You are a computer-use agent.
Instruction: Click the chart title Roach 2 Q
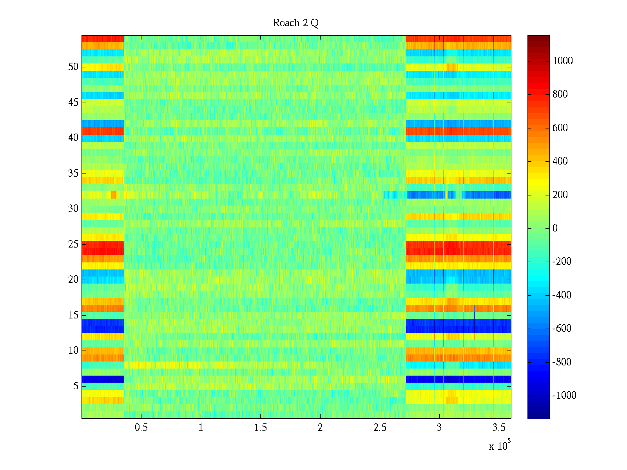point(295,23)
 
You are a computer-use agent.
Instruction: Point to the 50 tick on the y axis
point(73,67)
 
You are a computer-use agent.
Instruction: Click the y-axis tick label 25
point(73,244)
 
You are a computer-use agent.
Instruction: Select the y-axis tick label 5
point(76,386)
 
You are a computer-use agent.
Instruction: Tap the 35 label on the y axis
point(73,174)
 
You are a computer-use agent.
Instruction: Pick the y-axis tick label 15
point(73,315)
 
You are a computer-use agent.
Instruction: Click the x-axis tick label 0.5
point(141,428)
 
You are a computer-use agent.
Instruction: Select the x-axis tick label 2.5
point(380,428)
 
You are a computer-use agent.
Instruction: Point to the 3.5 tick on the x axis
point(499,428)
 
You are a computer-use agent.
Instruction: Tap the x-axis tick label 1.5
point(260,428)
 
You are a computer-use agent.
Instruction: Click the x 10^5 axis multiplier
point(500,445)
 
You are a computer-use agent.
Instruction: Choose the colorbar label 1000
point(562,61)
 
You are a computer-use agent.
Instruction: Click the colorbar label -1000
point(564,396)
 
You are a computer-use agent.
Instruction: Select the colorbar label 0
point(555,228)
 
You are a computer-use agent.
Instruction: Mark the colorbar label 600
point(560,128)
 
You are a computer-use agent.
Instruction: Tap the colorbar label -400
point(562,295)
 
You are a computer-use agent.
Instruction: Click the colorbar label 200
point(560,195)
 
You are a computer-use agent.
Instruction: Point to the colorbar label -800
point(562,362)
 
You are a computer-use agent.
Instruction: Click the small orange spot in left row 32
point(114,195)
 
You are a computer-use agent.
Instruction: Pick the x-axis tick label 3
point(439,428)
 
